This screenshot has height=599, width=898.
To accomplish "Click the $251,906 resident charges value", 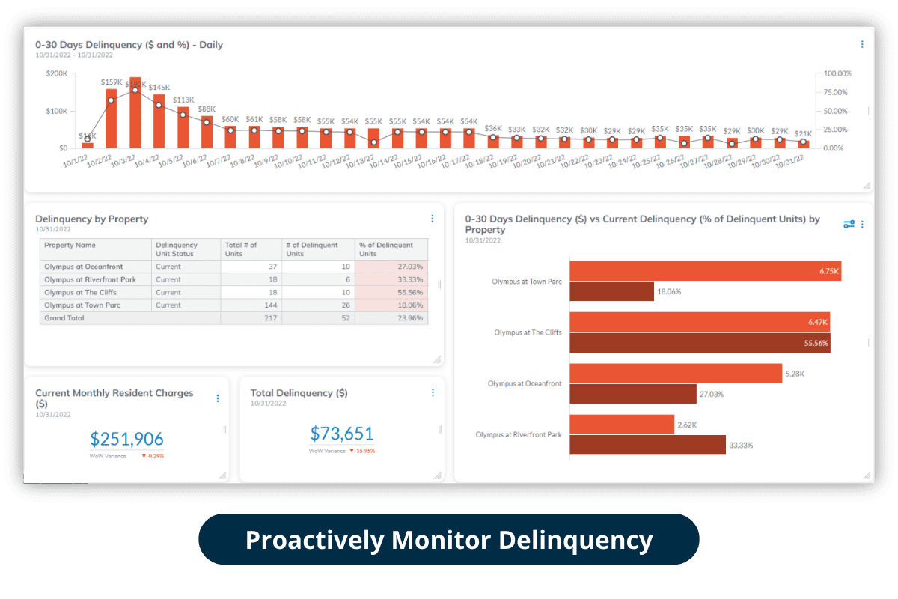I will click(x=126, y=439).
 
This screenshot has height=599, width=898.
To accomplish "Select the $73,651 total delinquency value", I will click(x=341, y=433).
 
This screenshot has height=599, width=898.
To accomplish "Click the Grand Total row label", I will click(x=64, y=318).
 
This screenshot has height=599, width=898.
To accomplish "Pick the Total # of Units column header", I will click(x=241, y=249).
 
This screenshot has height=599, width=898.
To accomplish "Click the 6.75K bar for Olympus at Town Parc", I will click(x=705, y=270).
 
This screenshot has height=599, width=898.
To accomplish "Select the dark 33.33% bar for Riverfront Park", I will click(x=647, y=445).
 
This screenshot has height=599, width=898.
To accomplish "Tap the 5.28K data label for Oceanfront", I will click(x=793, y=373).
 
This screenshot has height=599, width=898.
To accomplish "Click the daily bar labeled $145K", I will click(x=159, y=121).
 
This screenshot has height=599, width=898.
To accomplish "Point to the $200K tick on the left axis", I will click(x=56, y=73).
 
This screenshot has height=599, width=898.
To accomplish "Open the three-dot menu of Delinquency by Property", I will click(x=432, y=219).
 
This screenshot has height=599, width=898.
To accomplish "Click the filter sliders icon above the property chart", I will click(x=849, y=224).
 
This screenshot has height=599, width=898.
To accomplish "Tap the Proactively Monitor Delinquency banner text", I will click(x=449, y=539).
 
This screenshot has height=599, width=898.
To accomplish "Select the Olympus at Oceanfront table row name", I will click(x=84, y=267).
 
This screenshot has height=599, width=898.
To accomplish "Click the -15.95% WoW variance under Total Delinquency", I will click(x=364, y=451).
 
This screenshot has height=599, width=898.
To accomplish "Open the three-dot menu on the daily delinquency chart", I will click(x=862, y=45).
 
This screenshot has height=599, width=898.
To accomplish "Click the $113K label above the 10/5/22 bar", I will click(x=183, y=100).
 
